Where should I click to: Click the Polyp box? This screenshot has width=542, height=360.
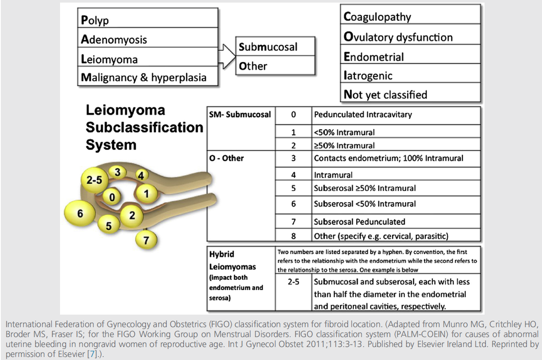(148, 20)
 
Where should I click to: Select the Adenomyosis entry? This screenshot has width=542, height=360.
(148, 39)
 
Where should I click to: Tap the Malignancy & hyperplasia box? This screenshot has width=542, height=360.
(148, 77)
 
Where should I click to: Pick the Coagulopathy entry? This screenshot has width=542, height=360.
(410, 16)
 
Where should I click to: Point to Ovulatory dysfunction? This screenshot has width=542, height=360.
(410, 37)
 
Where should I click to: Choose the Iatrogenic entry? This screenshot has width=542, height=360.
(410, 76)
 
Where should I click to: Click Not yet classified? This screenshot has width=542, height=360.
(410, 94)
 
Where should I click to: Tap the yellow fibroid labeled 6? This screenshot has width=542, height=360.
(80, 213)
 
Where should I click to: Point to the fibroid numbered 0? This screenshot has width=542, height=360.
(112, 198)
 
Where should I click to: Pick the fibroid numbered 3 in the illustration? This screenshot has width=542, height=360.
(117, 172)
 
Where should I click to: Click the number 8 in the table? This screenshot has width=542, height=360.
(293, 236)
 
